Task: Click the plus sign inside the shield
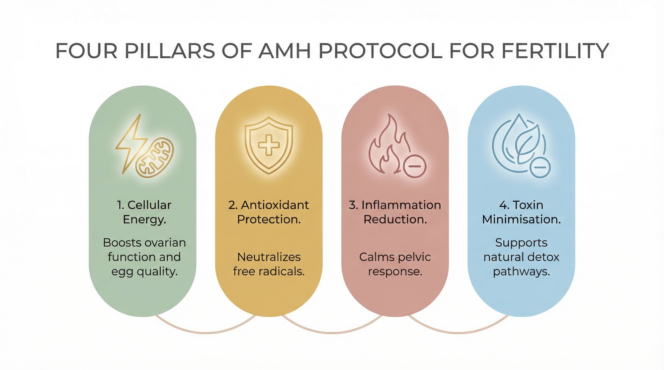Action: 269,145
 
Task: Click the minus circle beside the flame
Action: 415,166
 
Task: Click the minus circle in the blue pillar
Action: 540,167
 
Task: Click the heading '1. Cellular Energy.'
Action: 144,212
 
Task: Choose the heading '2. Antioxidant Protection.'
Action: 269,212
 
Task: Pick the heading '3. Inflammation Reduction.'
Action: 395,212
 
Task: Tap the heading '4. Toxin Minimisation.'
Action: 521,212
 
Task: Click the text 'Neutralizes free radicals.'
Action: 269,264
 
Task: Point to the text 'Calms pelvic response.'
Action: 395,264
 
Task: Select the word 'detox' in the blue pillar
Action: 543,257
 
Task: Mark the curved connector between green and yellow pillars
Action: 206,332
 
